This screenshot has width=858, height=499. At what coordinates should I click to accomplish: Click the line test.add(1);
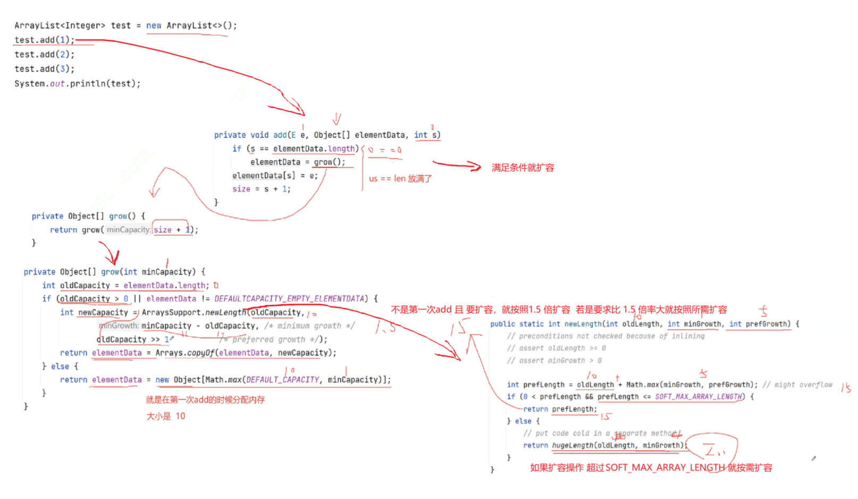pyautogui.click(x=44, y=40)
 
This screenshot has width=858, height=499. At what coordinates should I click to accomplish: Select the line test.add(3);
pyautogui.click(x=44, y=69)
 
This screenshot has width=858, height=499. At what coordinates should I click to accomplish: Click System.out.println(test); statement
pyautogui.click(x=77, y=84)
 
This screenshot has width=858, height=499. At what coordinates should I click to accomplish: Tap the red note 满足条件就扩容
pyautogui.click(x=523, y=168)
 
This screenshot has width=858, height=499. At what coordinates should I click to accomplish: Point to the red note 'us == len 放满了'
pyautogui.click(x=400, y=179)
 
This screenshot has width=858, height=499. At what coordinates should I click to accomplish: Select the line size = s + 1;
pyautogui.click(x=261, y=189)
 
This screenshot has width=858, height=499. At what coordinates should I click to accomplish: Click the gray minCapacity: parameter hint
pyautogui.click(x=128, y=230)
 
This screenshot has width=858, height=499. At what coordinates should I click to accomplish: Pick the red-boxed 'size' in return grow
pyautogui.click(x=163, y=230)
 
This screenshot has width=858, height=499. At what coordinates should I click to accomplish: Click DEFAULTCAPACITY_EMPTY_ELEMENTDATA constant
pyautogui.click(x=290, y=298)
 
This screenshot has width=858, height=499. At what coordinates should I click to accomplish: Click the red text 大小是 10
pyautogui.click(x=166, y=416)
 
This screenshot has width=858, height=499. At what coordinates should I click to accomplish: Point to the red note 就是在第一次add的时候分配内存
pyautogui.click(x=205, y=400)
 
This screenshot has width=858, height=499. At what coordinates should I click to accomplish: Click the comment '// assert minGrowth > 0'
pyautogui.click(x=554, y=361)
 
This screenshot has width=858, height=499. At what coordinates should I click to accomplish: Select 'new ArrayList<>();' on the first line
pyautogui.click(x=191, y=26)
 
